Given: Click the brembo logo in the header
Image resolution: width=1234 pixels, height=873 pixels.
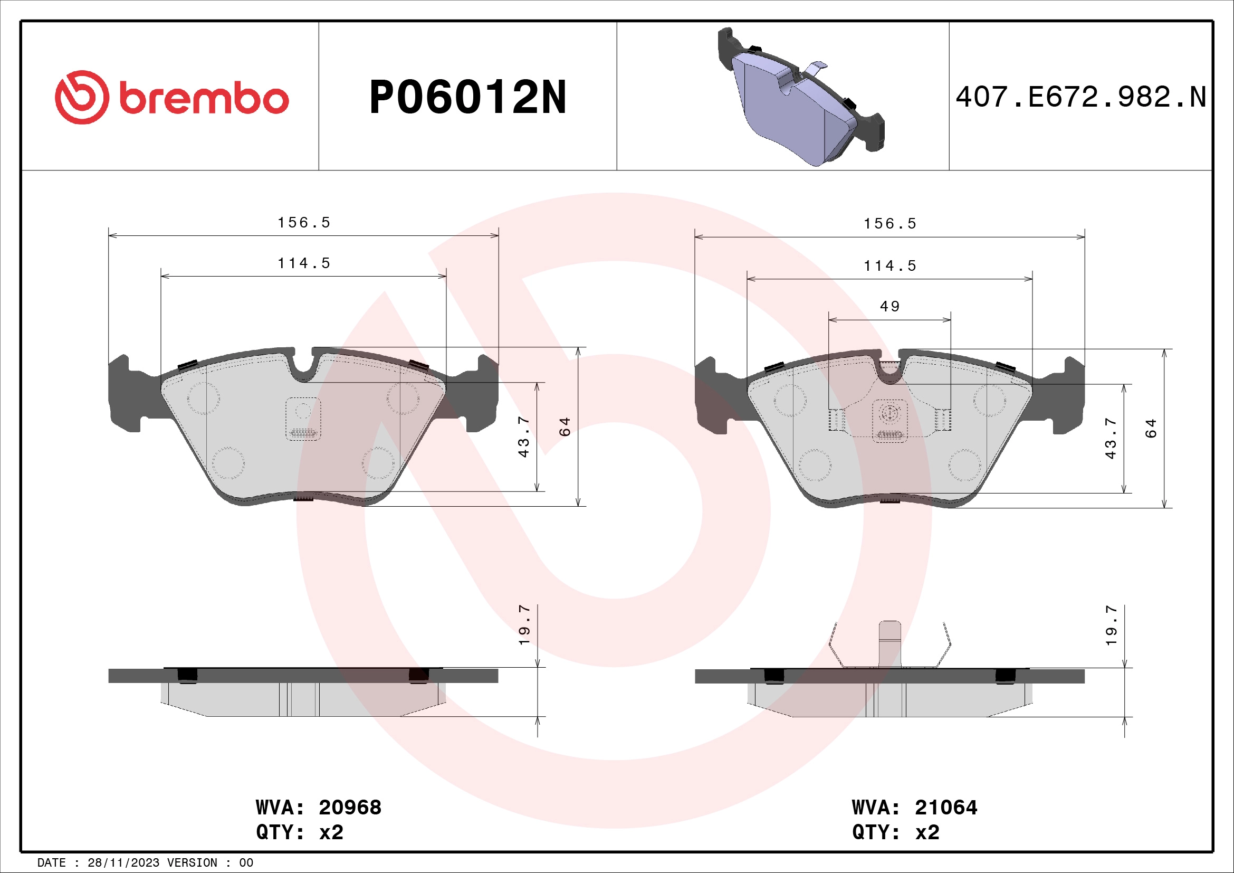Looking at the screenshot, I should click(172, 97).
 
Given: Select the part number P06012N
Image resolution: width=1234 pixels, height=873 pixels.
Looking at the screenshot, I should click(467, 98).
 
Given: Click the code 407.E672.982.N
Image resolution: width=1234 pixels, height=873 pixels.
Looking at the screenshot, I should click(1080, 97).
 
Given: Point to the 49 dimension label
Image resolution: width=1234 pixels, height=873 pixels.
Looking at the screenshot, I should click(889, 307).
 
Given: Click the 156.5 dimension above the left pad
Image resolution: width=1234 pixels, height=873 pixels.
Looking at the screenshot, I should click(304, 223).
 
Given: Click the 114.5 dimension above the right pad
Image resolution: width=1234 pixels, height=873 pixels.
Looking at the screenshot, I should click(889, 265).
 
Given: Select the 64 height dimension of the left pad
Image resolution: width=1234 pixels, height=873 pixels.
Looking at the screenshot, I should click(565, 427).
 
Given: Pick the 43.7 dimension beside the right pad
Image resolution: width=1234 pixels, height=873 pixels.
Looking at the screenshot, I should click(1111, 438).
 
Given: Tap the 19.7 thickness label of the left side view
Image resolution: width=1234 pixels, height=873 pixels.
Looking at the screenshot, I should click(524, 624).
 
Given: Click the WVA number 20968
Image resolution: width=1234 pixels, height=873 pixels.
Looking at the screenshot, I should click(350, 808).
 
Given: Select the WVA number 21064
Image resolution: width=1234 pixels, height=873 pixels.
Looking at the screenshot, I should click(946, 808).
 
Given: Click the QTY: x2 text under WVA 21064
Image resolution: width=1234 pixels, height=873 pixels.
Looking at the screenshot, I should click(895, 832).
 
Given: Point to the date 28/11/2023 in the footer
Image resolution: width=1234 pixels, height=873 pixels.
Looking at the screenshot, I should click(123, 863).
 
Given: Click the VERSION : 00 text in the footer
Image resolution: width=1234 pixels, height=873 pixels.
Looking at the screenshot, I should click(210, 863).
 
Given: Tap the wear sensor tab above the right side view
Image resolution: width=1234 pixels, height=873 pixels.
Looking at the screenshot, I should click(889, 642).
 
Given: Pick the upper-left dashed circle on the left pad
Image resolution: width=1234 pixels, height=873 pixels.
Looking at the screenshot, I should click(203, 398).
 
